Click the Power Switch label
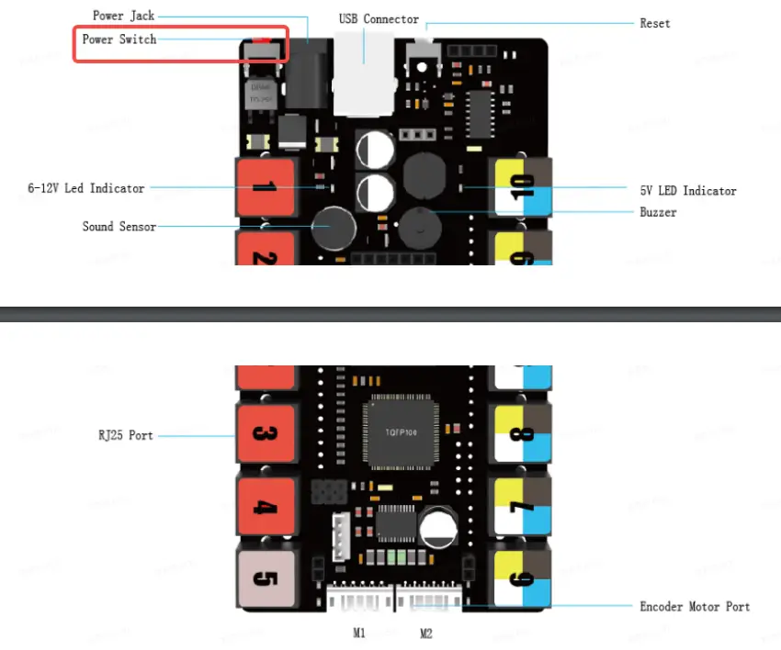pyautogui.click(x=119, y=39)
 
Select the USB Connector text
pyautogui.click(x=378, y=18)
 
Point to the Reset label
pyautogui.click(x=655, y=23)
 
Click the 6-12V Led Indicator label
pyautogui.click(x=85, y=188)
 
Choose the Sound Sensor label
pyautogui.click(x=119, y=226)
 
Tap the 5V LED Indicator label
pyautogui.click(x=688, y=191)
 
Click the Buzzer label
pyautogui.click(x=658, y=212)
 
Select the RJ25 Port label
pyautogui.click(x=125, y=435)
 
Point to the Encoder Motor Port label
pyautogui.click(x=695, y=607)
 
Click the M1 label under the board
pyautogui.click(x=359, y=633)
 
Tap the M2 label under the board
pyautogui.click(x=425, y=633)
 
